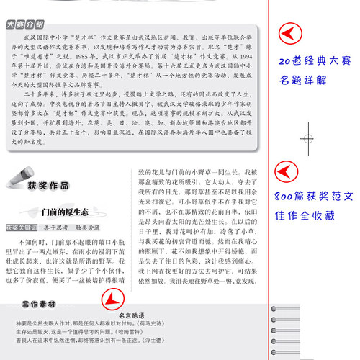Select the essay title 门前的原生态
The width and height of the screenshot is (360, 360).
(x=66, y=232)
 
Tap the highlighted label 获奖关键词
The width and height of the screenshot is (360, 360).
(x=21, y=247)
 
